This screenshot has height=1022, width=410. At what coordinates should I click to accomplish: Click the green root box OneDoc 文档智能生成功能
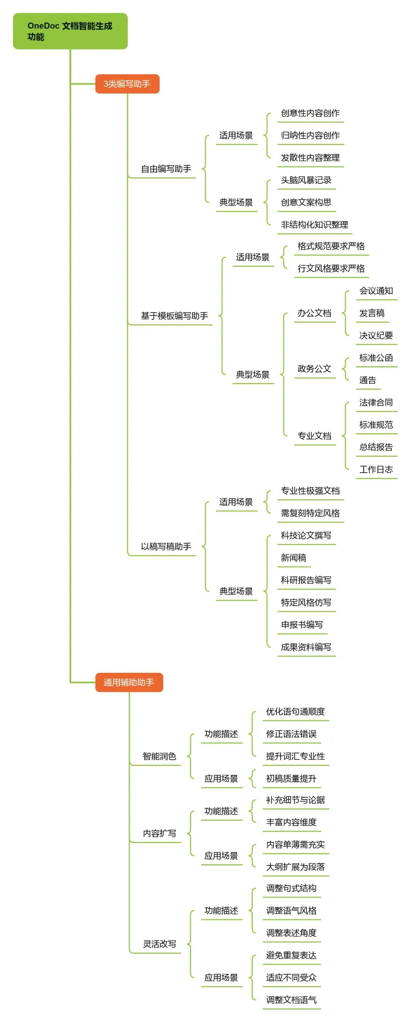(70, 31)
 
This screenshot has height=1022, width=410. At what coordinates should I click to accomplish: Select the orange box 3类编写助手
(127, 84)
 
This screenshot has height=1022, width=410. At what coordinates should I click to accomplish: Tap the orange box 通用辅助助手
(129, 682)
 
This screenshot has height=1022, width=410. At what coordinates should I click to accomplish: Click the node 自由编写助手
(166, 169)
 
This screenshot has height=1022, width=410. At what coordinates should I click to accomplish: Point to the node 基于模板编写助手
(174, 316)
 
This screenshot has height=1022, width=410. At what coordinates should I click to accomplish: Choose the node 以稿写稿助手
(166, 546)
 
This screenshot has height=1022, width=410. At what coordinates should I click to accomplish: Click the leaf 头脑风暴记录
(306, 180)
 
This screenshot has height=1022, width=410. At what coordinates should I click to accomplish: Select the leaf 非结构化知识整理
(314, 224)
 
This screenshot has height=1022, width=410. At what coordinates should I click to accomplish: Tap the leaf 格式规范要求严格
(331, 246)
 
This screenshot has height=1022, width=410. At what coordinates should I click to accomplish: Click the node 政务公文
(314, 368)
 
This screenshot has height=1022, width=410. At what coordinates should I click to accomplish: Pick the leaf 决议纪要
(376, 335)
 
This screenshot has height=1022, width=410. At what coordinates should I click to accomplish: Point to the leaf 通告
(367, 380)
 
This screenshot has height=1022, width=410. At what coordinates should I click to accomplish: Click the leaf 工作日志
(376, 469)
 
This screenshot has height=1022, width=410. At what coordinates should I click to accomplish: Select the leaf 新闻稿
(293, 558)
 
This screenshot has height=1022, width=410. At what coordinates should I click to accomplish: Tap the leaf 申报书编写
(302, 624)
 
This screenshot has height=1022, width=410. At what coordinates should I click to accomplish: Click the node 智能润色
(159, 756)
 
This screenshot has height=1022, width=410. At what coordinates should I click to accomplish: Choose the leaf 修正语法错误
(291, 734)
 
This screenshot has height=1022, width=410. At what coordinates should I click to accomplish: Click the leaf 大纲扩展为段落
(295, 867)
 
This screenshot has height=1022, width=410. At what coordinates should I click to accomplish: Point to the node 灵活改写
(159, 944)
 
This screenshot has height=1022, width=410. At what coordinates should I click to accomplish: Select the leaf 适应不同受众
(291, 978)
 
